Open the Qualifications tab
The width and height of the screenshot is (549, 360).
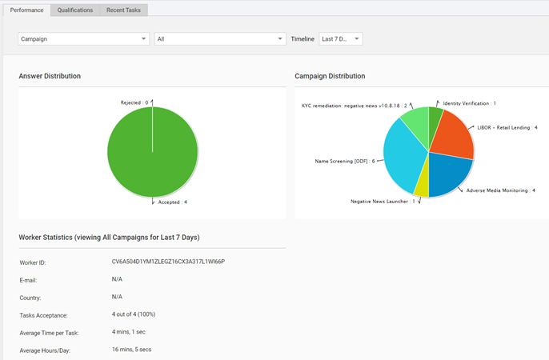[75, 10]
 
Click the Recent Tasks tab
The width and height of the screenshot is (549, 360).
[123, 10]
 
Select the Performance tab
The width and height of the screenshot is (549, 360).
[27, 10]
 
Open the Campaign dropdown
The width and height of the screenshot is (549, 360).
[84, 39]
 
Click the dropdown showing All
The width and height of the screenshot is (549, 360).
[220, 39]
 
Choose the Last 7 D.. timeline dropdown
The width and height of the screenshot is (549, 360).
[341, 39]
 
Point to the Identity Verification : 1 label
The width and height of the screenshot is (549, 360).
[469, 103]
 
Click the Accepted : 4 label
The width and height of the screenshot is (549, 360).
[173, 202]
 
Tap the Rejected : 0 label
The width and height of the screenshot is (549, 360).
[134, 102]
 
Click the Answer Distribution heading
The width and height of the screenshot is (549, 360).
[50, 76]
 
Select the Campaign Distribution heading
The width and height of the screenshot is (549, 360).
[330, 76]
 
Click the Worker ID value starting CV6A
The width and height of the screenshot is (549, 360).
[168, 262]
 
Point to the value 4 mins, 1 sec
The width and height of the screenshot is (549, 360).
[129, 332]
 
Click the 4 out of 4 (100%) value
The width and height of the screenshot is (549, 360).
[134, 314]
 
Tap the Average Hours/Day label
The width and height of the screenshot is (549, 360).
[45, 350]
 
